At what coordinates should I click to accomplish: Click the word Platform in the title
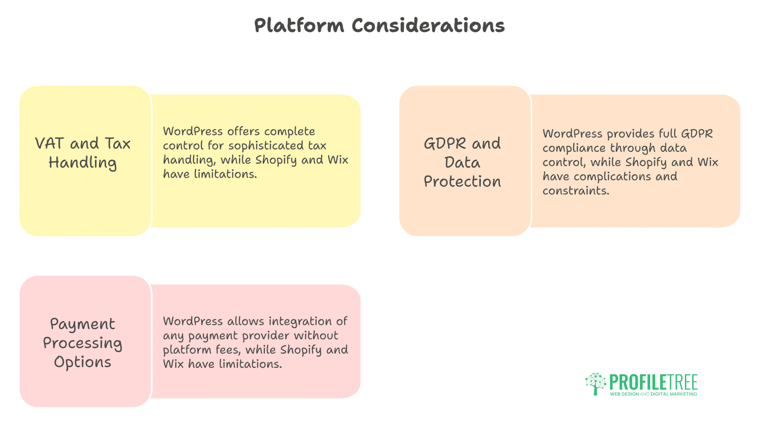(299, 26)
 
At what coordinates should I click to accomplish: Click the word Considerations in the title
(428, 25)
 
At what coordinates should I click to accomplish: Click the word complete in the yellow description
(290, 132)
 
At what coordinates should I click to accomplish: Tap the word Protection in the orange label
(463, 181)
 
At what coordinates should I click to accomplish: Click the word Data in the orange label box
(463, 162)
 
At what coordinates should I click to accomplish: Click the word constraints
(576, 191)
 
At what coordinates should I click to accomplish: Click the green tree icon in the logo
(596, 384)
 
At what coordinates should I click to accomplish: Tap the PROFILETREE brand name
(653, 382)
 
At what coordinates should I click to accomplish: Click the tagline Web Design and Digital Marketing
(653, 394)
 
